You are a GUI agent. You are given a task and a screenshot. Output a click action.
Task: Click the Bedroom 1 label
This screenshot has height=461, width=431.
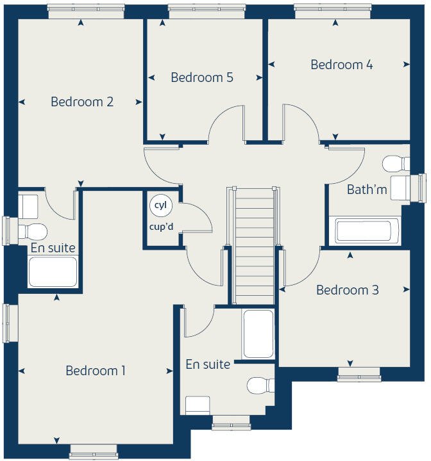tap(96, 371)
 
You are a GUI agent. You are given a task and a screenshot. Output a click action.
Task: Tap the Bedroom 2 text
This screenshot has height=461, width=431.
tap(82, 101)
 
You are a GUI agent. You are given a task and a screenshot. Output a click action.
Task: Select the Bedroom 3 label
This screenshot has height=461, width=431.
tap(347, 290)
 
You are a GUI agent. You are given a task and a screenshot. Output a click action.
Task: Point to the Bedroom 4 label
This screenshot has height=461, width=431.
tap(342, 65)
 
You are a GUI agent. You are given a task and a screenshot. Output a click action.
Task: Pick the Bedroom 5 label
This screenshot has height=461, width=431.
tap(202, 77)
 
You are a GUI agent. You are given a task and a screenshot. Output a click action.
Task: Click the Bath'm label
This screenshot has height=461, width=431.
tap(367, 190)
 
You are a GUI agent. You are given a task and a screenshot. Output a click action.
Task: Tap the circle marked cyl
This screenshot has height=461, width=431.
tap(158, 206)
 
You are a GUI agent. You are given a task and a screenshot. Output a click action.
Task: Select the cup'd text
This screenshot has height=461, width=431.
tap(162, 226)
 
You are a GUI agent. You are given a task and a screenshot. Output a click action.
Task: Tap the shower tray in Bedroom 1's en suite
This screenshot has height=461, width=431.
tap(258, 334)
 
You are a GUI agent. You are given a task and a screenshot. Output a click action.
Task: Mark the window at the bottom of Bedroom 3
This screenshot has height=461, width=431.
tap(359, 378)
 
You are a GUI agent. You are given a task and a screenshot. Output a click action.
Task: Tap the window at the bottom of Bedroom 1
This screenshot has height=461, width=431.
tap(94, 452)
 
